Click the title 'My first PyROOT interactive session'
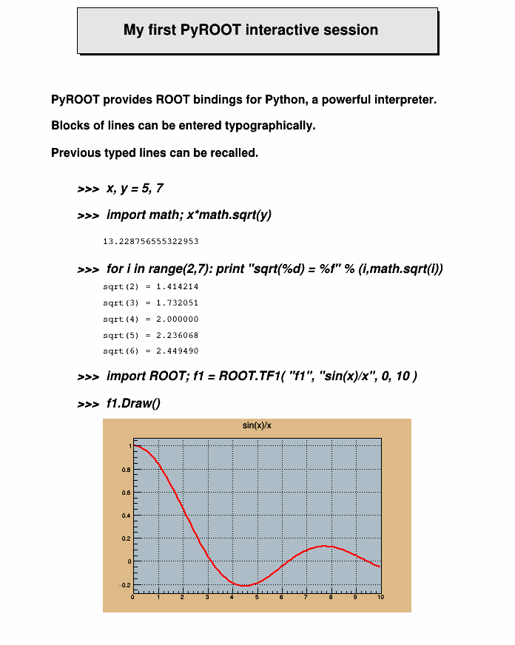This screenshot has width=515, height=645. coord(250,30)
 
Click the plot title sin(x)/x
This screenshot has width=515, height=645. coord(257,425)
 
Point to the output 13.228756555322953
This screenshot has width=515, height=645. coord(150,241)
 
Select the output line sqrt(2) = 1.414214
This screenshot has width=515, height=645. coord(150,286)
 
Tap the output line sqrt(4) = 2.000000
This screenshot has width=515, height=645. coord(150,319)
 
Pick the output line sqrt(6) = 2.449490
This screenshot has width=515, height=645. coord(150,351)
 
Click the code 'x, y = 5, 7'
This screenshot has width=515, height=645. coord(135,189)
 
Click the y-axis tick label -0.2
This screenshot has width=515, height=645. coord(125,585)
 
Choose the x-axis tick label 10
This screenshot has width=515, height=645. coord(380,597)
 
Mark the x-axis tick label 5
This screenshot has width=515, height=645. coord(257,597)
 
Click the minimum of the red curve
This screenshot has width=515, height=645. coord(243,586)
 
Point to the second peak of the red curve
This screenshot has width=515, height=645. coord(323,546)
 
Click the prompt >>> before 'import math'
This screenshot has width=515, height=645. coord(88,215)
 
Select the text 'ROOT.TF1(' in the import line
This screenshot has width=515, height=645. coord(251,376)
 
